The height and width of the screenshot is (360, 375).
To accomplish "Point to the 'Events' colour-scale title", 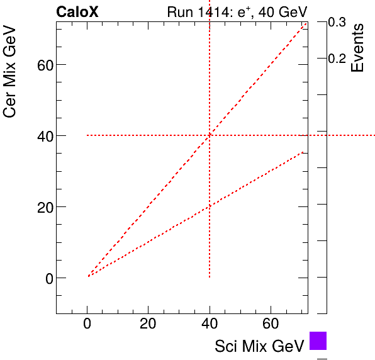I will [357, 48].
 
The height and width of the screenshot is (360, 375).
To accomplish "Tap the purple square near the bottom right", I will [318, 340].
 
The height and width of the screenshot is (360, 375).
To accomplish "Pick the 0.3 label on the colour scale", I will [337, 22].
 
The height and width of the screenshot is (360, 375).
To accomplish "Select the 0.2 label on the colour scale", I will [337, 59].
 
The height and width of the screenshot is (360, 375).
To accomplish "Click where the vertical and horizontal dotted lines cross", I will [210, 135].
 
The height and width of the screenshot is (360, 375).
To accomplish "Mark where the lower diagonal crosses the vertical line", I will [210, 206].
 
